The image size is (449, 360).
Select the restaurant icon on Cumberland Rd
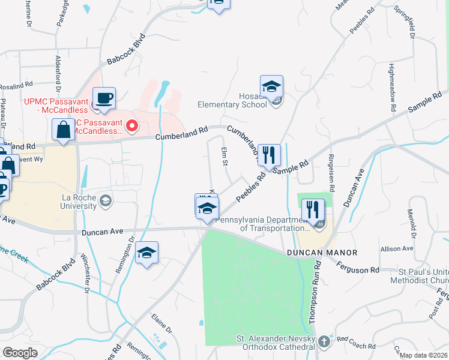point(269,155)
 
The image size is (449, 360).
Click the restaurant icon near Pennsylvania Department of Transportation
point(313,210)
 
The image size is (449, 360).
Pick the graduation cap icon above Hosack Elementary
point(271,86)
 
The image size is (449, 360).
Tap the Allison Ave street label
point(397,248)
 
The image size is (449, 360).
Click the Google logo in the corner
point(20,353)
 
